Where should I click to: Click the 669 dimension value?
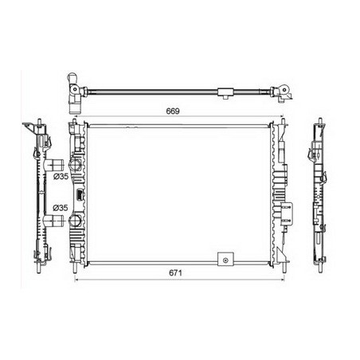[173, 112]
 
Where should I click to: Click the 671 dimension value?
[175, 273]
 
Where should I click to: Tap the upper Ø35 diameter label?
[61, 176]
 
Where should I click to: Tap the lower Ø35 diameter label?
[61, 208]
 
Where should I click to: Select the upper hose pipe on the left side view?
[54, 165]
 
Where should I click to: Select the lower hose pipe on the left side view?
[54, 221]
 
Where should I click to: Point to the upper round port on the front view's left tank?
[75, 165]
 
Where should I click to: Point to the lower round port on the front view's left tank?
[75, 221]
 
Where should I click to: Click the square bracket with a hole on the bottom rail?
[225, 259]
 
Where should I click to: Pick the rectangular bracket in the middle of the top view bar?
[225, 92]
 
